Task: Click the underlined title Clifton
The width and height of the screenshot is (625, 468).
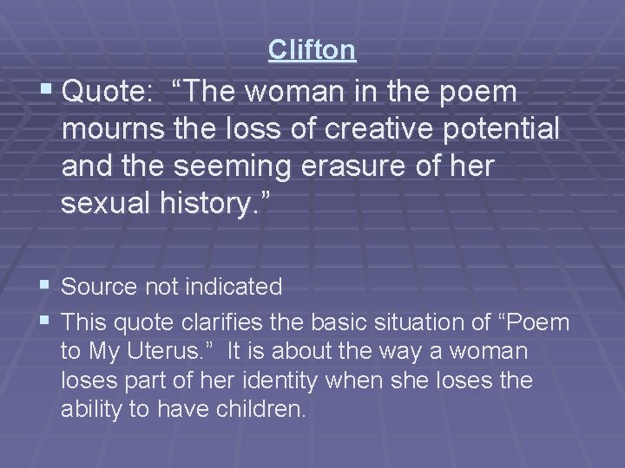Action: (x=312, y=50)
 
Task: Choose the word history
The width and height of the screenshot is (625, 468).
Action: (x=214, y=205)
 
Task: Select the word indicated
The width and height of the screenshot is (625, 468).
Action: (x=232, y=286)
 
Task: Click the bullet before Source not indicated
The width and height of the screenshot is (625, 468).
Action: (x=45, y=285)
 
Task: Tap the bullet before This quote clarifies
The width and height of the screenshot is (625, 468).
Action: (x=45, y=322)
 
